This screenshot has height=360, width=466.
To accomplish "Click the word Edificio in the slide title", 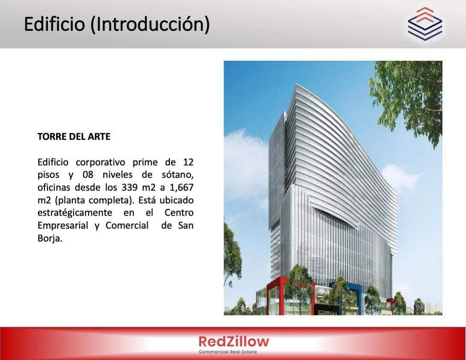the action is coord(54,24).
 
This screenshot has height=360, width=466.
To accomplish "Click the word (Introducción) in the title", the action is coord(150,24).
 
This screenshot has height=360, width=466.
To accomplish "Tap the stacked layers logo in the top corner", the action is coord(425,24).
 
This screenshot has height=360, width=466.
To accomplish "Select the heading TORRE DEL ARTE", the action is coord(74,136).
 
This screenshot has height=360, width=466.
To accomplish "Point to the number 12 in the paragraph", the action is coord(188,162).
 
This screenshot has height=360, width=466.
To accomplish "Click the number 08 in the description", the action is coord(88,175).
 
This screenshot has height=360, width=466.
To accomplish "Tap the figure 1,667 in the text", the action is coord(181,188).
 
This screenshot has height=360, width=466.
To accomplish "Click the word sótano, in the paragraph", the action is coord(178,175).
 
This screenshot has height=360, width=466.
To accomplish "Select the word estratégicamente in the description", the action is coord(75,213).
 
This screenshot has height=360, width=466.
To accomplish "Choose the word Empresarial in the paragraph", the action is coord(63,226).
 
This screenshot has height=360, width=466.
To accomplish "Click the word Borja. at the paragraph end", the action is coord(50,238).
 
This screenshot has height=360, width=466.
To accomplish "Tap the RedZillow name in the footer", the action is coord(233,342).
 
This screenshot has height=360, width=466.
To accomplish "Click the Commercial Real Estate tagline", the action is coord(228,352).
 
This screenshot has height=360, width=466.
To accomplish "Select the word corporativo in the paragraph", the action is coord(101,163).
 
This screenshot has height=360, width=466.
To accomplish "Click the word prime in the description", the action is coord(145,163).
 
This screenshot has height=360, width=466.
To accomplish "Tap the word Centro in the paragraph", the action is coord(179,213).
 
